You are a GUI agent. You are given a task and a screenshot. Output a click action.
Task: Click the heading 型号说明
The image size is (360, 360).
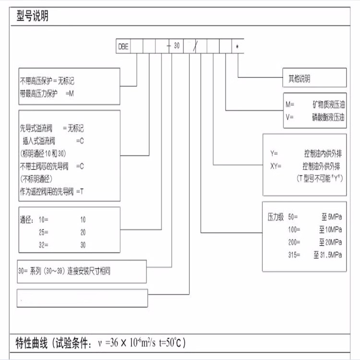pyautogui.click(x=32, y=16)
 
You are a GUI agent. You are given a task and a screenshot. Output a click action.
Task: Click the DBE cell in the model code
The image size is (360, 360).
pyautogui.click(x=123, y=47)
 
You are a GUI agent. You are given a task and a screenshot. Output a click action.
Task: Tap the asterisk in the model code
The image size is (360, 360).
pyautogui.click(x=237, y=47)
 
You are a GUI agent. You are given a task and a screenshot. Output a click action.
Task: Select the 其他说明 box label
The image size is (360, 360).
pyautogui.click(x=299, y=79)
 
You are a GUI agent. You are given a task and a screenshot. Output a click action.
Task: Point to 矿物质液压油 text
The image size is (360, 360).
pyautogui.click(x=328, y=105)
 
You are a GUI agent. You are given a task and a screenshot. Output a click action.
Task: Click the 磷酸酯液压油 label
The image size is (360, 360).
pyautogui.click(x=328, y=117)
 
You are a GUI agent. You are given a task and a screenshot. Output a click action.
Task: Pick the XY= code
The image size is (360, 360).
pyautogui.click(x=276, y=166)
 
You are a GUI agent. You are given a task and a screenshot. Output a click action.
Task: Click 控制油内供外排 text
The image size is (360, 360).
pyautogui.click(x=323, y=154)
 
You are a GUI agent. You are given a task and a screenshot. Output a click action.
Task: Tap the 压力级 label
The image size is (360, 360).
pyautogui.click(x=276, y=217)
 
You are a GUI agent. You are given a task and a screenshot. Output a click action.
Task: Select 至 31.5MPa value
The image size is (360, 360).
pyautogui.click(x=328, y=254)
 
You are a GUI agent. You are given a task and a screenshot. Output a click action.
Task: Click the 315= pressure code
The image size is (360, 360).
pyautogui.click(x=294, y=255)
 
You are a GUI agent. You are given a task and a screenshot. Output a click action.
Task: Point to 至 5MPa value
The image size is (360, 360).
pyautogui.click(x=332, y=217)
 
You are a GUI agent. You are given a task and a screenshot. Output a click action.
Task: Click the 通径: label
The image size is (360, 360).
pyautogui.click(x=26, y=220)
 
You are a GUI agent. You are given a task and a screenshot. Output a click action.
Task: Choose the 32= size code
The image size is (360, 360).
pyautogui.click(x=43, y=245)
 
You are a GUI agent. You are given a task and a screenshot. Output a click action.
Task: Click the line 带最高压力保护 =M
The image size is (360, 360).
pyautogui.click(x=47, y=94)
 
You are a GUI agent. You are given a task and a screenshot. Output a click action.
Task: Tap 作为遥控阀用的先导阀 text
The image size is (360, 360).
pyautogui.click(x=47, y=191)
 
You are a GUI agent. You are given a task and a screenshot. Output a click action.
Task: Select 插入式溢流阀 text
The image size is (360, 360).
pyautogui.click(x=39, y=141)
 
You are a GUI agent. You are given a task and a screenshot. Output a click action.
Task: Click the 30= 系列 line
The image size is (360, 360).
pyautogui.click(x=64, y=271)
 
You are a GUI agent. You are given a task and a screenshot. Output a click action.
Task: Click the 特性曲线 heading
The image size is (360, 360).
pyautogui.click(x=32, y=343)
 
